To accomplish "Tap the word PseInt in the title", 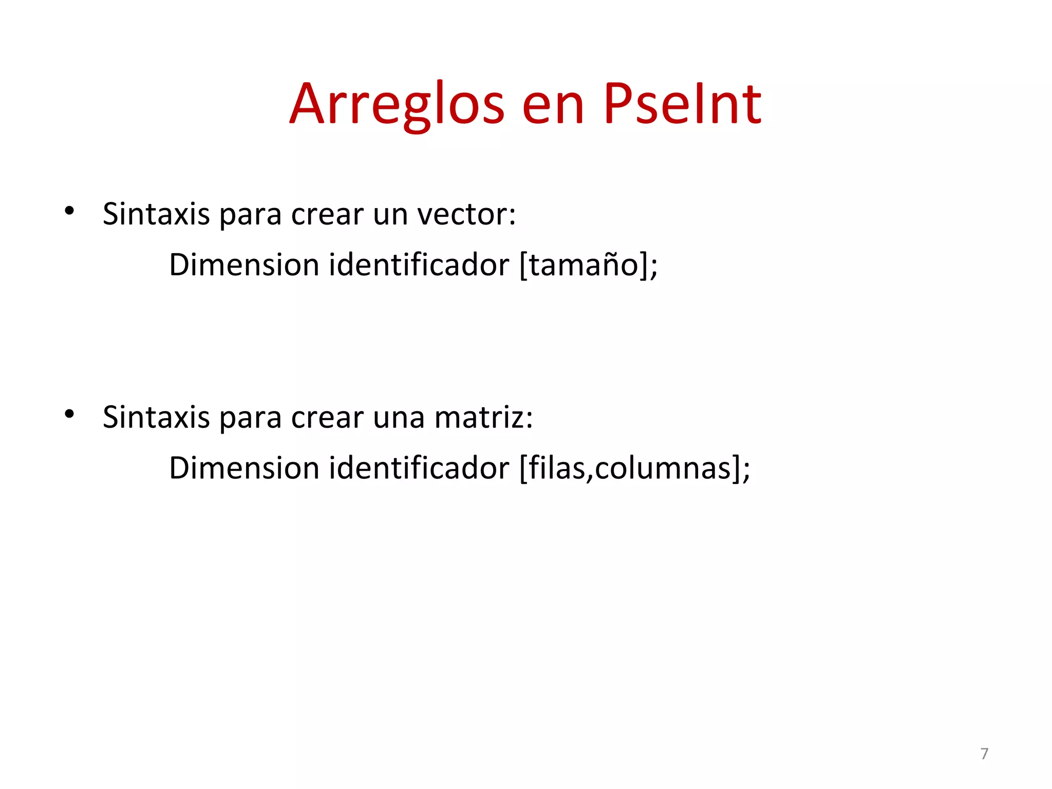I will [683, 105].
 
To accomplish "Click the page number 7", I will [984, 754].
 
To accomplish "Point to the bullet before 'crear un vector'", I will [69, 211].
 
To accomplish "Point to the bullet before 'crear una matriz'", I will [69, 414].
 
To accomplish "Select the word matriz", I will [483, 417].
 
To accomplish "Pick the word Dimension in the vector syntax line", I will [245, 265].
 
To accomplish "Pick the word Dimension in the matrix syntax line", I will [245, 468].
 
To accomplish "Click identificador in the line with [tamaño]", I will [419, 265].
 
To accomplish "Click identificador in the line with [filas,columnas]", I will [419, 468].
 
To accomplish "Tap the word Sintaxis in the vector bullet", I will [156, 214].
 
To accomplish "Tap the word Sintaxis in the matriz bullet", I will [156, 417].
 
